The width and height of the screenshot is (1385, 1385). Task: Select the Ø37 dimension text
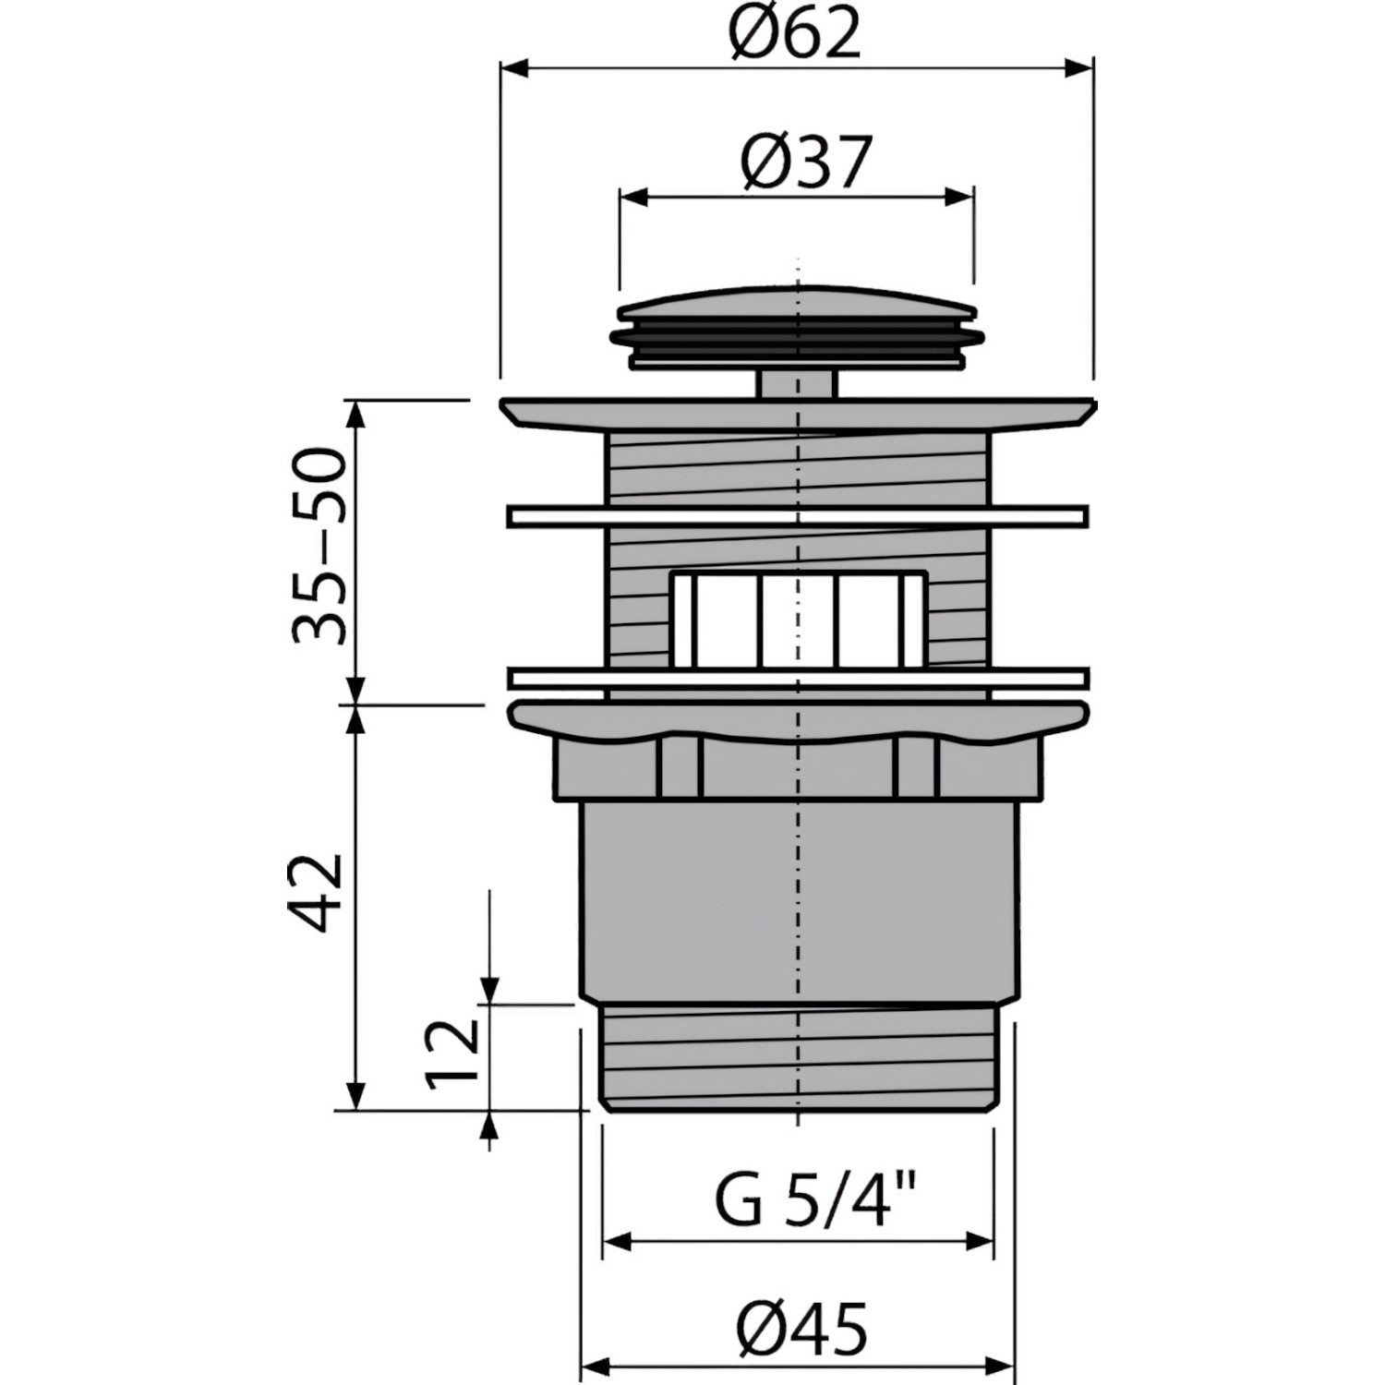(806, 163)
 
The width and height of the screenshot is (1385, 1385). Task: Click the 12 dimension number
(454, 1054)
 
